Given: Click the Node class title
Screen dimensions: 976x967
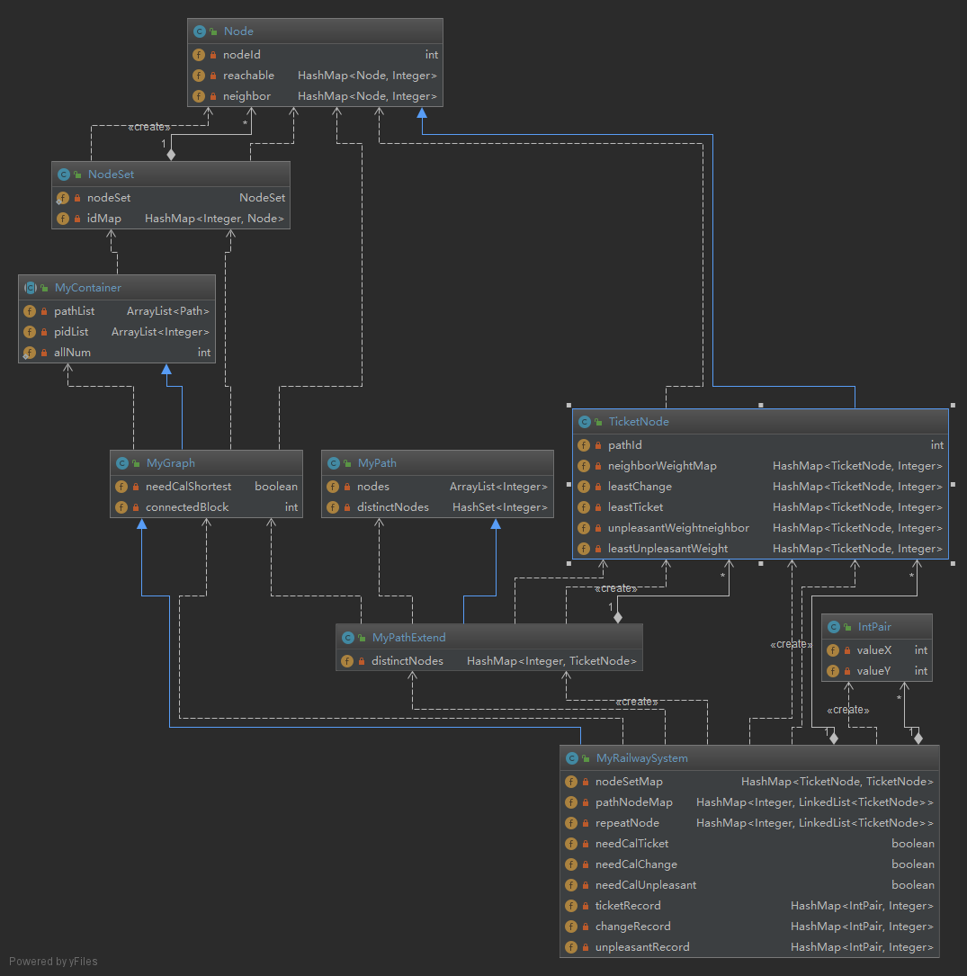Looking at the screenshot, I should click(238, 31).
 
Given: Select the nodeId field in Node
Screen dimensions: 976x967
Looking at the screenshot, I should click(241, 55).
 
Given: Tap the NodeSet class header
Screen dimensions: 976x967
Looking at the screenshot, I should click(111, 175).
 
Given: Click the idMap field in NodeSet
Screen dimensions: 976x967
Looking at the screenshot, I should click(103, 219).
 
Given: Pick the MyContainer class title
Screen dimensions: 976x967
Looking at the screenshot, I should click(87, 288).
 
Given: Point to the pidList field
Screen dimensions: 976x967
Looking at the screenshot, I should click(71, 332).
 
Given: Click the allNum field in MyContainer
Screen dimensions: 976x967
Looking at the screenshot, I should click(72, 353).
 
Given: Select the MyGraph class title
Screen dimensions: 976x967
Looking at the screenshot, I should click(170, 463).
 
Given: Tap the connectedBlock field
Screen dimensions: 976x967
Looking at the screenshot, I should click(187, 507).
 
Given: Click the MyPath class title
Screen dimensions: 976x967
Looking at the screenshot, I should click(376, 463).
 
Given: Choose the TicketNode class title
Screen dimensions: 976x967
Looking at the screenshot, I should click(638, 422).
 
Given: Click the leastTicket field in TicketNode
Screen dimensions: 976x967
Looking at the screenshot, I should click(635, 507).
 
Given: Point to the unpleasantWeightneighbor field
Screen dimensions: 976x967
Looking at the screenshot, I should click(678, 528).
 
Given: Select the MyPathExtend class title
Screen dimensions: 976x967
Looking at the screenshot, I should click(408, 638).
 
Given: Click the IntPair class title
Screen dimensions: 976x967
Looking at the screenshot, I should click(874, 627).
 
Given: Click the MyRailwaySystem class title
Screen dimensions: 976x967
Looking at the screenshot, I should click(641, 758).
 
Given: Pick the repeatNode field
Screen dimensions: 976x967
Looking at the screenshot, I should click(627, 823).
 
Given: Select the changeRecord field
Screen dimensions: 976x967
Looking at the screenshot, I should click(632, 927).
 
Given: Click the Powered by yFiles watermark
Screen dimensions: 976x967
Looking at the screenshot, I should click(53, 962).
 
